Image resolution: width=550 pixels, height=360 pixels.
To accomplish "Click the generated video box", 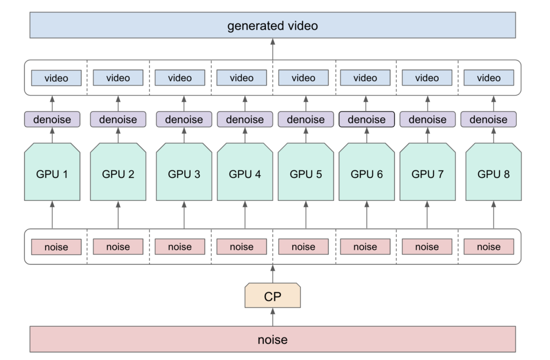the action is tap(272, 25).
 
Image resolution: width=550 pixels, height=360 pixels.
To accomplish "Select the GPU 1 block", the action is tap(52, 172).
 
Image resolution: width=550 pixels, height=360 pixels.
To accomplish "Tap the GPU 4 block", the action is tap(245, 172).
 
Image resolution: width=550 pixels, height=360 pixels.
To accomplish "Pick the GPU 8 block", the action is tap(494, 172).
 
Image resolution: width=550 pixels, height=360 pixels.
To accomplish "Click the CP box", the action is tap(272, 296).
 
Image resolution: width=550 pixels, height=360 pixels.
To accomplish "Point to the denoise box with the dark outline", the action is tap(366, 119).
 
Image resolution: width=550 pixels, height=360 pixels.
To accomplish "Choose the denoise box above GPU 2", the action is tap(118, 119).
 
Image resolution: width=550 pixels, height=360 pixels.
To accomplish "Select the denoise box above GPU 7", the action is tap(428, 119).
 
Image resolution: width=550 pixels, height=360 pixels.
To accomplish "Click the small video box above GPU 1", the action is tap(56, 78).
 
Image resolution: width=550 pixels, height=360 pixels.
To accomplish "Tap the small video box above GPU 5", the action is tap(303, 78).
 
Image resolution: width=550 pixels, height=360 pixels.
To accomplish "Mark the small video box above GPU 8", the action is tap(489, 78).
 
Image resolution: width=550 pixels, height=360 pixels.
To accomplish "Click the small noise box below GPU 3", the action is tap(180, 247).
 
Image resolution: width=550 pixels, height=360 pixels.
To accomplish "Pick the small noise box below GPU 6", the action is tap(365, 247).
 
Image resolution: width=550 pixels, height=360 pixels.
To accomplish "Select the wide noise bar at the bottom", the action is tap(272, 339).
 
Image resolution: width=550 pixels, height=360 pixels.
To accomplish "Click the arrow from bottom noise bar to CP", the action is tap(272, 317).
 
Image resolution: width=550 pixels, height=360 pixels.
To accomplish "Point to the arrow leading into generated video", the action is tap(272, 49).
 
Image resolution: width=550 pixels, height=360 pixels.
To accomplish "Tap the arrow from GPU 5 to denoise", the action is tap(306, 135).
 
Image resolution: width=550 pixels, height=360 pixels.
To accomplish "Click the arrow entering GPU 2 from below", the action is tap(118, 215).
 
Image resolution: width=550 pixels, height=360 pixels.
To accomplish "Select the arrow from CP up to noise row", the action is tap(272, 273).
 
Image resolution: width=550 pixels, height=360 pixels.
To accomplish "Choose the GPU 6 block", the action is tap(366, 172).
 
